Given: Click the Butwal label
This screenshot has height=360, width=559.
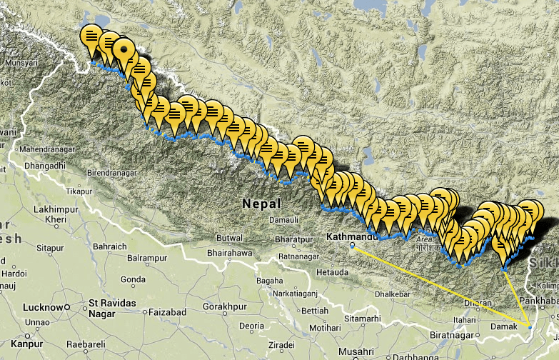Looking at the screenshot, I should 230,237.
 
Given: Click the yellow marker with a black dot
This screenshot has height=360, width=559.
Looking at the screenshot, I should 125,51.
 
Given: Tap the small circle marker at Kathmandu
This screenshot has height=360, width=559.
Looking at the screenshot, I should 352,246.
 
